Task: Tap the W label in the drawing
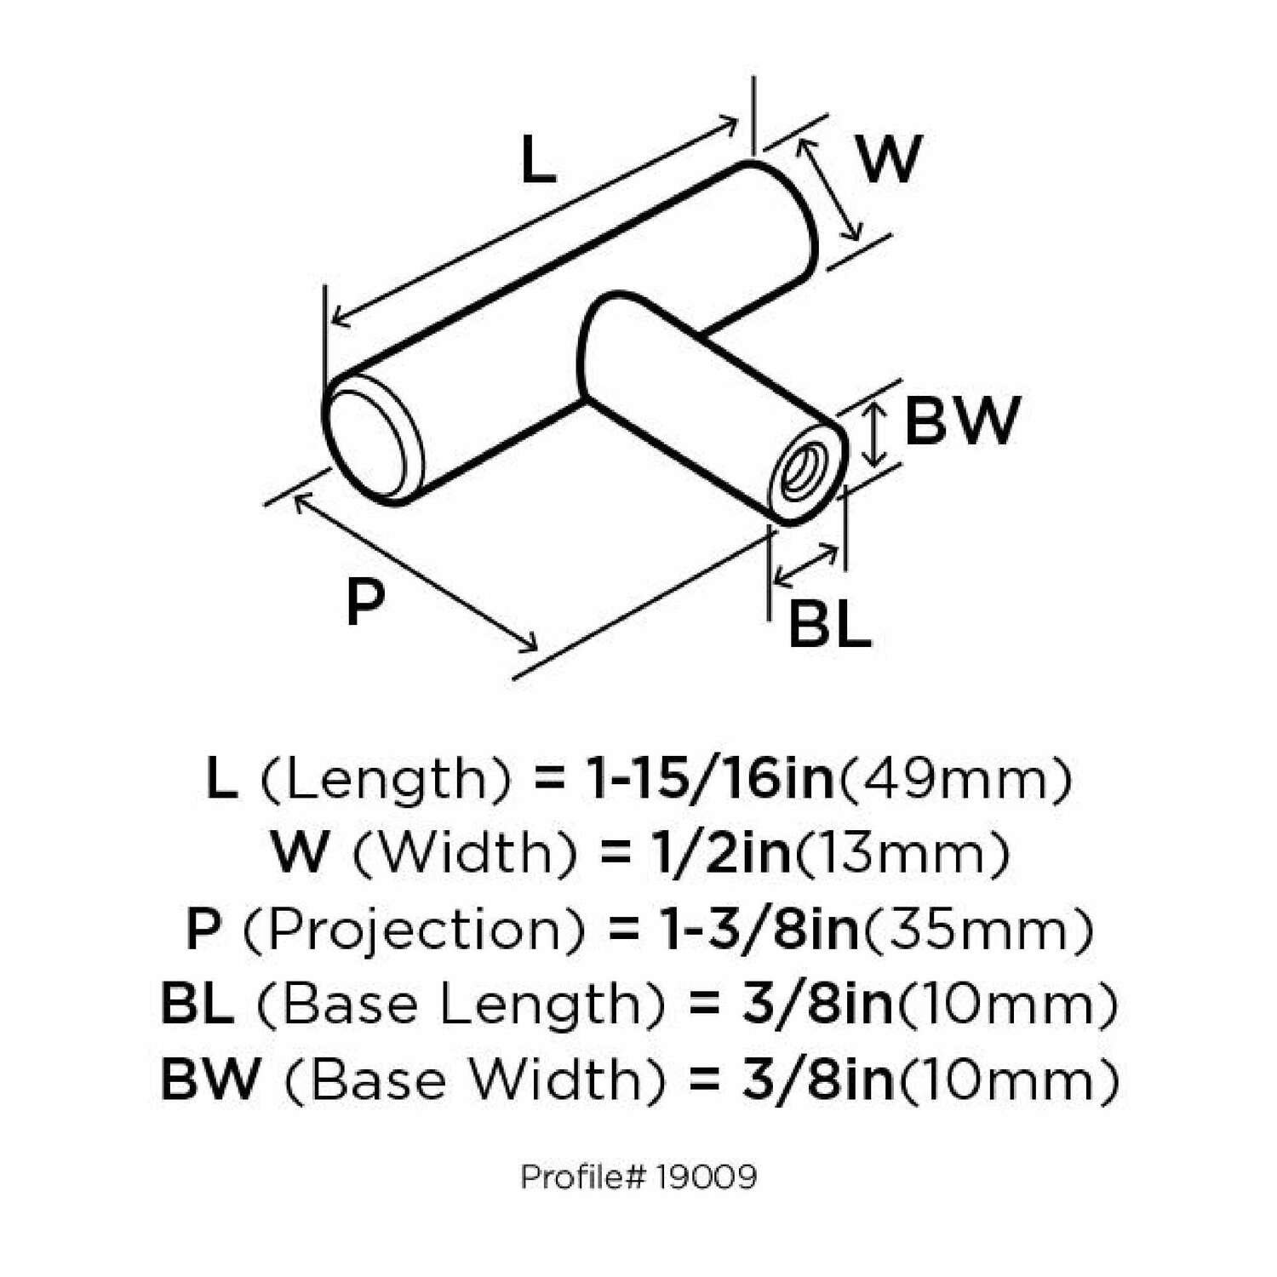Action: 890,158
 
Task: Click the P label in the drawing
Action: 365,600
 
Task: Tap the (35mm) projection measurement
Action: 978,929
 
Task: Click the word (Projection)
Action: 415,929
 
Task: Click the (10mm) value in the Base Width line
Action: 1008,1079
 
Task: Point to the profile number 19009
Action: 707,1177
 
